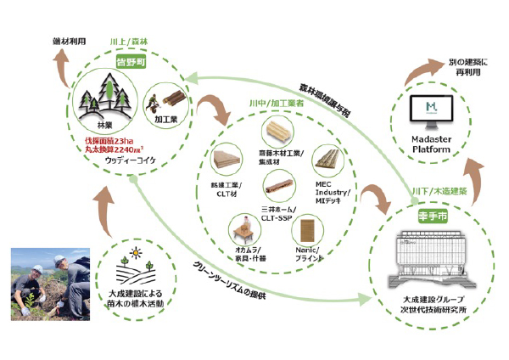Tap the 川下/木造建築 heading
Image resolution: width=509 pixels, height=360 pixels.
tap(438, 192)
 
